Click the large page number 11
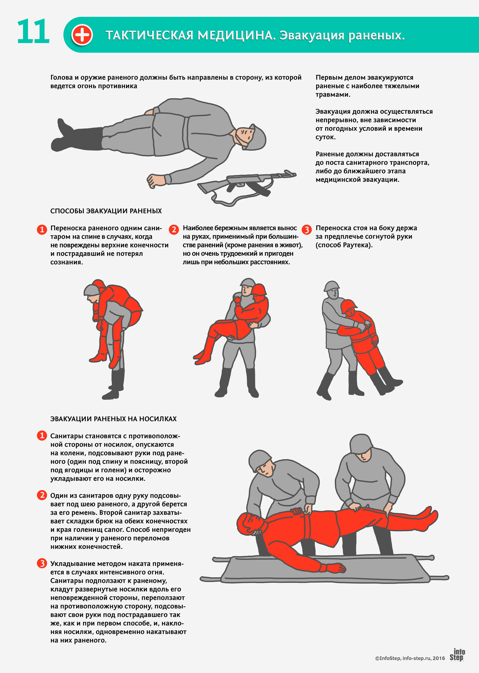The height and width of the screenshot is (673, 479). (x=33, y=31)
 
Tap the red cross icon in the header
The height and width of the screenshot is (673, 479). (x=82, y=35)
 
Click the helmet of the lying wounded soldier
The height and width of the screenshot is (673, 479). (x=255, y=137)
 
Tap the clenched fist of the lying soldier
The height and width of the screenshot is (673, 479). (x=156, y=180)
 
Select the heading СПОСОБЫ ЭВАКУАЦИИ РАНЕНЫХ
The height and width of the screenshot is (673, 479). (x=106, y=211)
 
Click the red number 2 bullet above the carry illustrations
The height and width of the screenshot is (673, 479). (x=174, y=229)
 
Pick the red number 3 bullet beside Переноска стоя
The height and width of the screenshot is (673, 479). (x=307, y=229)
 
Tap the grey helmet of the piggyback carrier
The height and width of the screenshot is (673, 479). (x=92, y=290)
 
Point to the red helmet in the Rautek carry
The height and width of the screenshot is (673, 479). (x=349, y=307)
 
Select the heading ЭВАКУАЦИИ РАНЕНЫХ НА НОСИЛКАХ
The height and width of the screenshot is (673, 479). (x=113, y=419)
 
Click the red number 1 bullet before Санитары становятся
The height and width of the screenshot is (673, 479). (x=42, y=436)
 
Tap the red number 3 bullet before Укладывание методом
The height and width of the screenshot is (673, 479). (x=42, y=563)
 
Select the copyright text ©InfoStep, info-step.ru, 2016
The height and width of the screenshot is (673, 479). (x=410, y=658)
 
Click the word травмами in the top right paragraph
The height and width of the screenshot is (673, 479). (x=333, y=95)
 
